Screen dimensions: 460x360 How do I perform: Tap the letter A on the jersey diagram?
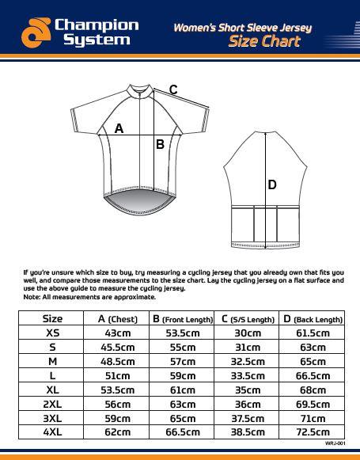click(119, 127)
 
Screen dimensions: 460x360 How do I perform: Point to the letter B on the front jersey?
click(160, 144)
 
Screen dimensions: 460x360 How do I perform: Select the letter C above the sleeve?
click(173, 89)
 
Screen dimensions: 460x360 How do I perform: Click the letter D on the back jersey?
click(271, 184)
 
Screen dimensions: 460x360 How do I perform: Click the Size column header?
click(52, 318)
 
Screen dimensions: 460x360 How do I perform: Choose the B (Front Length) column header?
click(182, 318)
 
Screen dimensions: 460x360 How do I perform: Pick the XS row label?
click(52, 333)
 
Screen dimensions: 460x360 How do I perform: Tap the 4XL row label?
click(52, 432)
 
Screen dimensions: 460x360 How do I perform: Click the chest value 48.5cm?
click(117, 361)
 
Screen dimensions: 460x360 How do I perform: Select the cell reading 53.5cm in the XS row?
click(182, 333)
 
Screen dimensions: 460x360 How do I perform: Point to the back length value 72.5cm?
click(313, 432)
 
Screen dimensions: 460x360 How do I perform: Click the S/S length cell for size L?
click(247, 375)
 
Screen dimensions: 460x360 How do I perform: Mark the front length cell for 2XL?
click(182, 404)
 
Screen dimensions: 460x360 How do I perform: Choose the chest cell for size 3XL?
click(117, 418)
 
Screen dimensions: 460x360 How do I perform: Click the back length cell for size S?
click(313, 347)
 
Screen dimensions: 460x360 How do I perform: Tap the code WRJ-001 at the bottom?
click(337, 445)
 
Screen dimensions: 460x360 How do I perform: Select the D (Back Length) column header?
click(313, 318)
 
